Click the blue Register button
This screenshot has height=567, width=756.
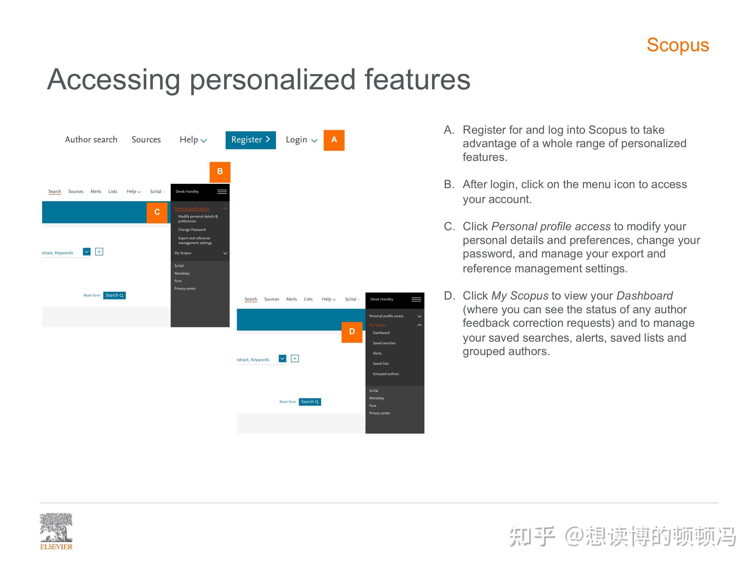(250, 140)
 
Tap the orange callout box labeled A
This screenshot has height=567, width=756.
(334, 140)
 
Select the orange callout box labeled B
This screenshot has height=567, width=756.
(220, 172)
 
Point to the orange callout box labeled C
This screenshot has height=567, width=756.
(157, 212)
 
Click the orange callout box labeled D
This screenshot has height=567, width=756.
(352, 332)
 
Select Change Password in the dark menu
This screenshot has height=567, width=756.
(192, 230)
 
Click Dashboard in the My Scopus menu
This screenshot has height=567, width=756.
(381, 333)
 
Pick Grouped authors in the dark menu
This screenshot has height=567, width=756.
(385, 374)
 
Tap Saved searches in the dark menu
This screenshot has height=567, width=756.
(384, 343)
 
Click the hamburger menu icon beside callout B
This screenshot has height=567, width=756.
(222, 192)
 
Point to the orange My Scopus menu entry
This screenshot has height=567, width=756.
(377, 325)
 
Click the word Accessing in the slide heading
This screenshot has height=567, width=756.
(113, 80)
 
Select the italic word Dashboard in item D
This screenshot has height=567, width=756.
(644, 296)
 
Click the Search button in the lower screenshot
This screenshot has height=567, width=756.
(310, 402)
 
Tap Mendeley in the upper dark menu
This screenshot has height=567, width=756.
(182, 273)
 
